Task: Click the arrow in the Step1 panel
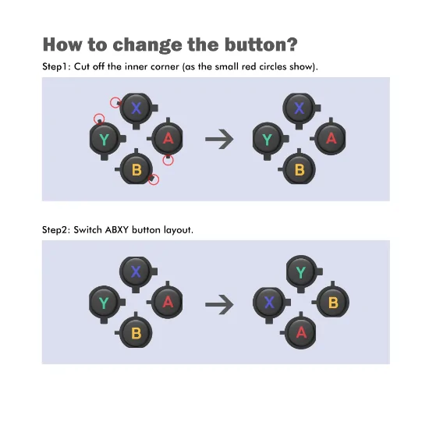pyautogui.click(x=219, y=139)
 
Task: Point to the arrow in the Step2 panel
pyautogui.click(x=219, y=304)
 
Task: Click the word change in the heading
pyautogui.click(x=147, y=44)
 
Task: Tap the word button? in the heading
pyautogui.click(x=261, y=44)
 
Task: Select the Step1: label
pyautogui.click(x=56, y=66)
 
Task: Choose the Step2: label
pyautogui.click(x=56, y=230)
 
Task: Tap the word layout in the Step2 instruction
pyautogui.click(x=179, y=230)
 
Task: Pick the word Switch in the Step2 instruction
pyautogui.click(x=87, y=230)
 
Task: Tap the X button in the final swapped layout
pyautogui.click(x=270, y=303)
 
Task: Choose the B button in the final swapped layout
pyautogui.click(x=332, y=301)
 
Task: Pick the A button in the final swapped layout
pyautogui.click(x=300, y=332)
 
